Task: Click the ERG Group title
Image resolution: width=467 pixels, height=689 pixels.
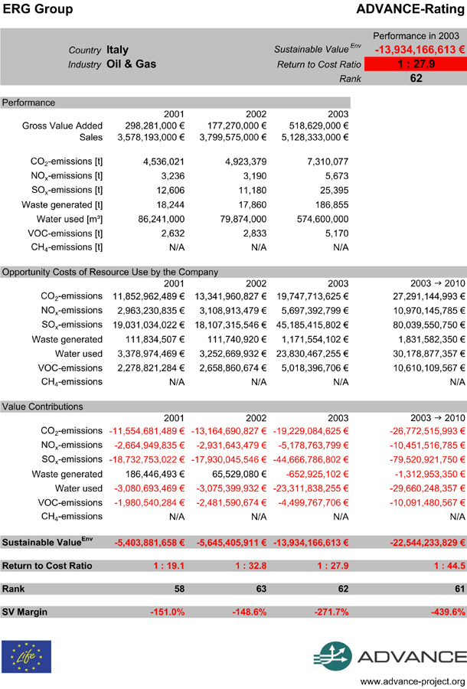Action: tap(38, 9)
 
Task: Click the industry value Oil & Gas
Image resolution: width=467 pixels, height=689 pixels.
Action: tap(132, 64)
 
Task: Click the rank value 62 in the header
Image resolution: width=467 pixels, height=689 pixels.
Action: tap(416, 78)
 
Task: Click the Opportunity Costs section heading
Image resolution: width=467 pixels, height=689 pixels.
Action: tap(110, 272)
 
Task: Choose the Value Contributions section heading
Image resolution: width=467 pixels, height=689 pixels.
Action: tap(42, 407)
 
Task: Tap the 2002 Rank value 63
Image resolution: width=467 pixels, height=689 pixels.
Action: tap(258, 589)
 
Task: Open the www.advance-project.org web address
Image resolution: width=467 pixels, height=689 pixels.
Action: tap(413, 681)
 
